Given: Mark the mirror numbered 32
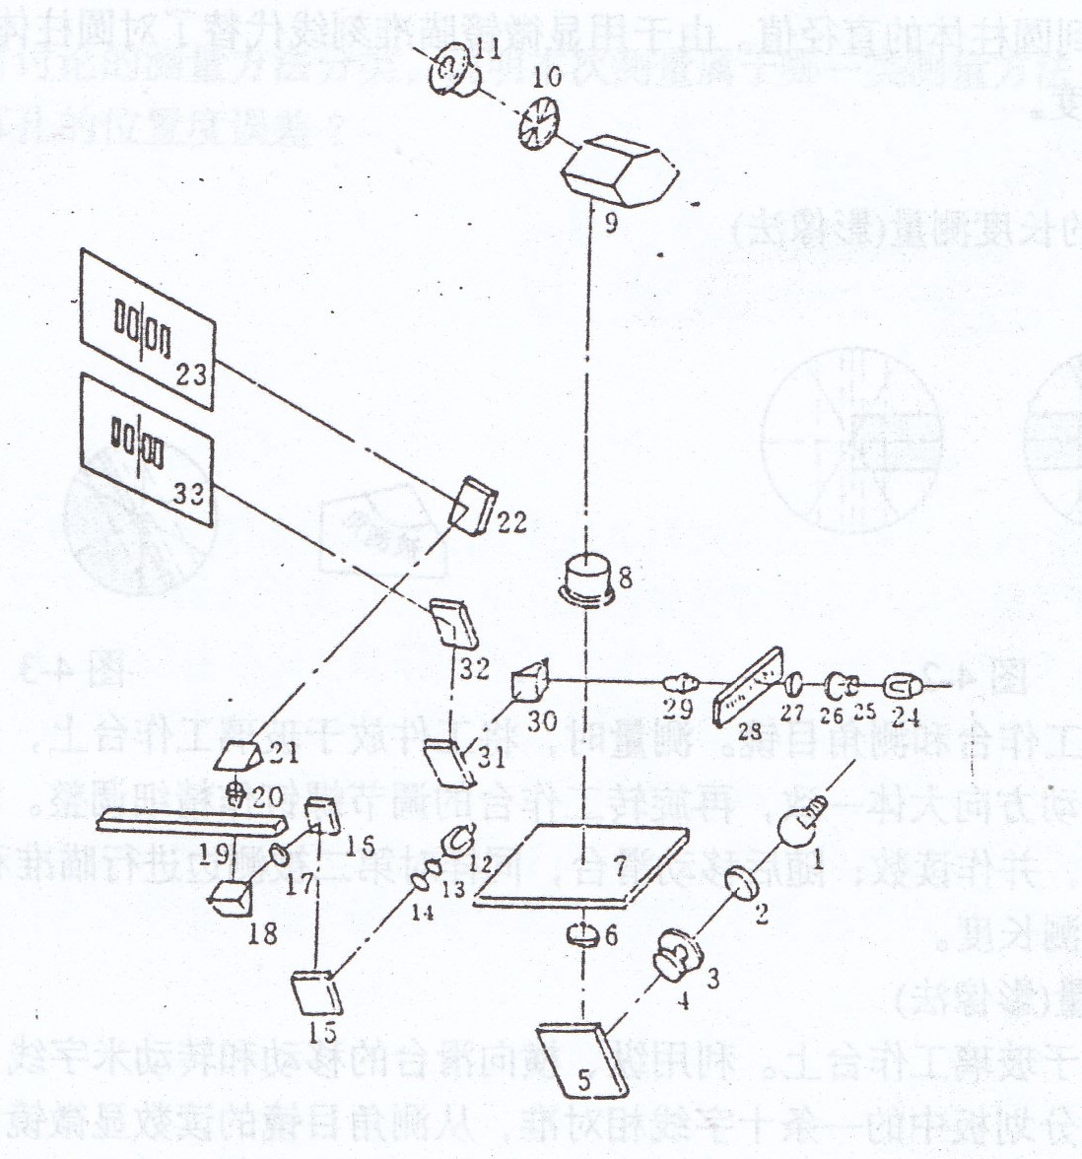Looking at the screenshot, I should tap(452, 624).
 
